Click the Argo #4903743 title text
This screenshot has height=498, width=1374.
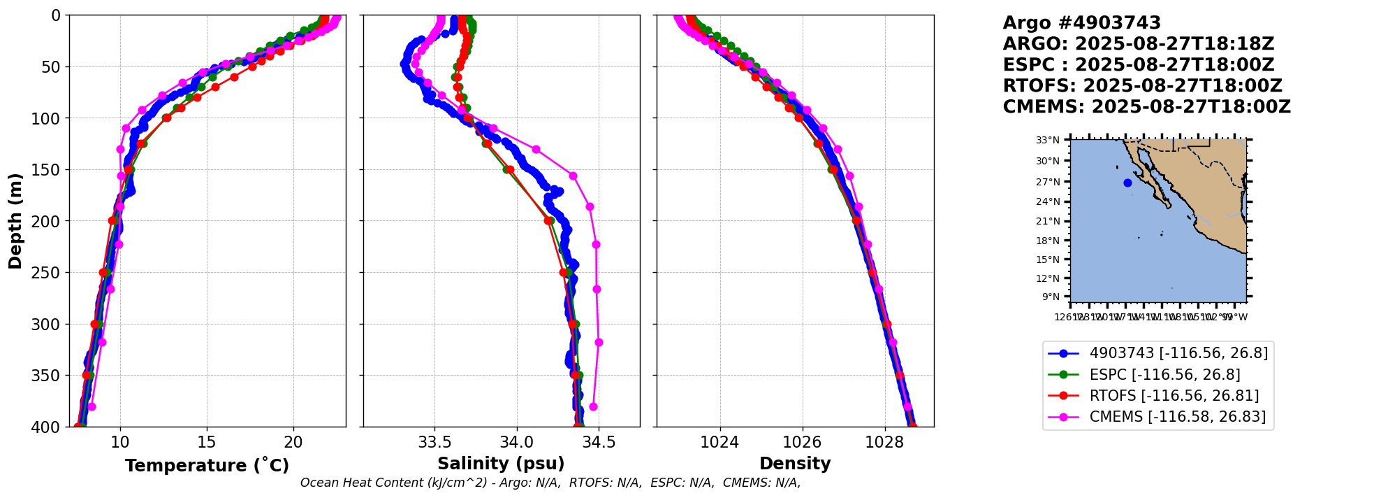tap(1081, 23)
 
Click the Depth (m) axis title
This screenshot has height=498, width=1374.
tap(15, 221)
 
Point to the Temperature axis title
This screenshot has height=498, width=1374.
tap(207, 465)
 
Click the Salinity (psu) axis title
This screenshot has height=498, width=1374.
tap(501, 464)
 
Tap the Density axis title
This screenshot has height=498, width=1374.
tap(795, 464)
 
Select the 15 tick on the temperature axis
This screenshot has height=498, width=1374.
tap(207, 442)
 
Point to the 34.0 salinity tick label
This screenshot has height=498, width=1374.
tap(517, 442)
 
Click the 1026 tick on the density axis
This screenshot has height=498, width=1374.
tap(802, 442)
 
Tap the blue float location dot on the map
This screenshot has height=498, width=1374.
tap(1127, 183)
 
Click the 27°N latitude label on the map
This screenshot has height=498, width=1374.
tap(1048, 182)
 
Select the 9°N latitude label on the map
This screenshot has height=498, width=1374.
tap(1051, 297)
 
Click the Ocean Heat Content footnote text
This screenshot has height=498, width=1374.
tap(550, 483)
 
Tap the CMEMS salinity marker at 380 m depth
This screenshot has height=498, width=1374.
tap(593, 406)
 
